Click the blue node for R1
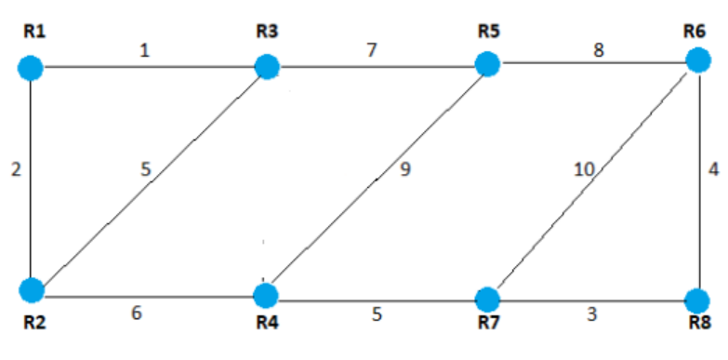pos(32,67)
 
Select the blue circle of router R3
pos(267,66)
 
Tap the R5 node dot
pos(486,63)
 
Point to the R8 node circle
pos(696,300)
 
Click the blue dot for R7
pos(486,300)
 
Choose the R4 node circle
pos(266,296)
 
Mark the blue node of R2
pos(32,289)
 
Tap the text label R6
pos(695,29)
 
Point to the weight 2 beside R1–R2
pos(15,170)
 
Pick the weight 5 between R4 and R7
pos(377,314)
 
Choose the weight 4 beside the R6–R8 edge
pos(714,170)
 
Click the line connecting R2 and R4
pos(149,298)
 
